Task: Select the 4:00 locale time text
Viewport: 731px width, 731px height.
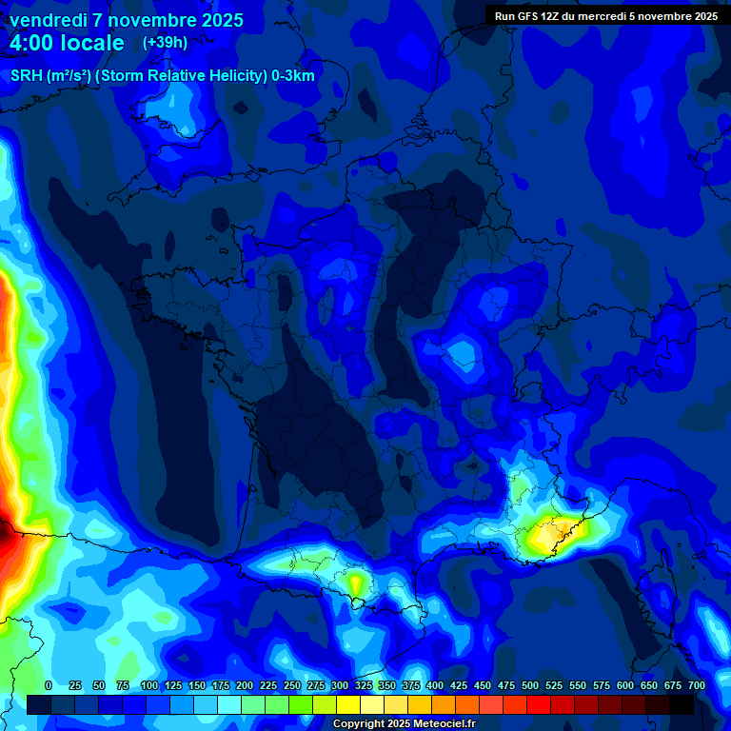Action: coord(67,43)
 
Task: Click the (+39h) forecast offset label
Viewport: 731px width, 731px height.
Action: coord(164,43)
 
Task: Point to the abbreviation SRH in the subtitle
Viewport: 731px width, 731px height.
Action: coord(25,76)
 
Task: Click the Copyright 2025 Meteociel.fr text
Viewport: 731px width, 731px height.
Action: coord(404,724)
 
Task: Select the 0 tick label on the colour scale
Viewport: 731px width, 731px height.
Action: coord(49,685)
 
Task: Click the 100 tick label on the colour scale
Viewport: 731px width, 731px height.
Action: coord(149,685)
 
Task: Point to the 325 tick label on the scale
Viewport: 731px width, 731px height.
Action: coord(364,685)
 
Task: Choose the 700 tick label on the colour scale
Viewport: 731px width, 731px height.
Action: coord(697,685)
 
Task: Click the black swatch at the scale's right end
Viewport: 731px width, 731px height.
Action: coord(681,704)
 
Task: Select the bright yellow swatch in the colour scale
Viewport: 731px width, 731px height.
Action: coord(347,704)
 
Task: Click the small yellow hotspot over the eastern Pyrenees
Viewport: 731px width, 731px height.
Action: coord(357,580)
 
